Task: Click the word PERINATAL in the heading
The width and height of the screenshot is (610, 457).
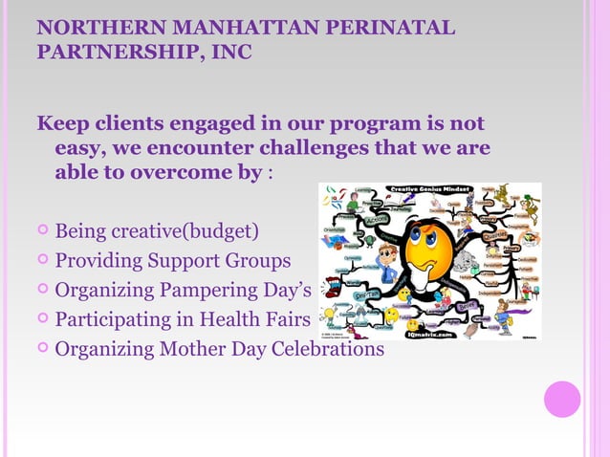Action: tap(391, 27)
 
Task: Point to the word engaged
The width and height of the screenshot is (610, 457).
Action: tap(210, 125)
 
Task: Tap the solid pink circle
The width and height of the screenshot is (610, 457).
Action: tap(562, 399)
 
